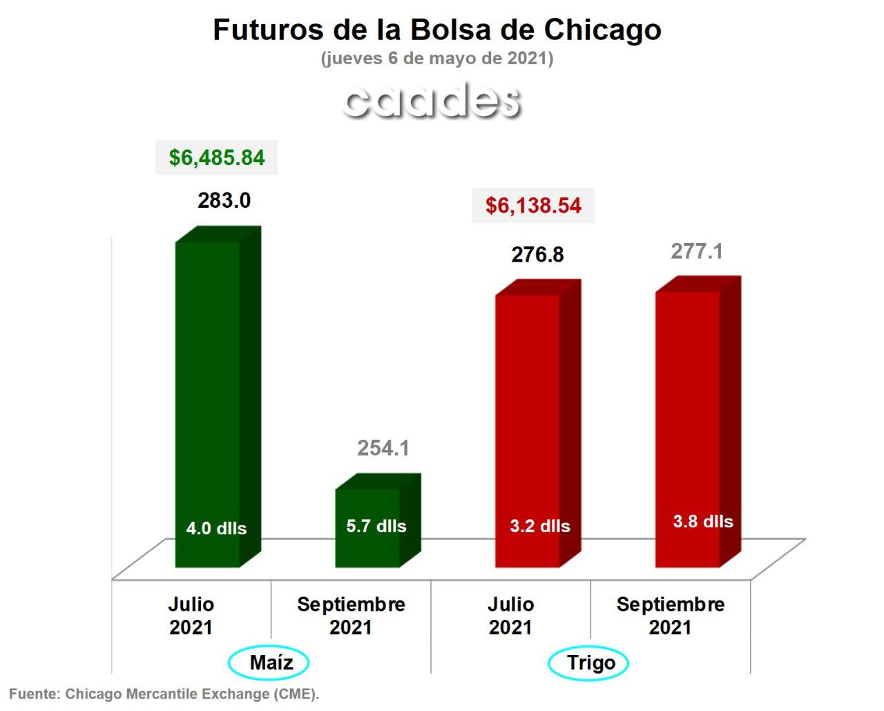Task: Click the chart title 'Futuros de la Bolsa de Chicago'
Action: click(x=436, y=30)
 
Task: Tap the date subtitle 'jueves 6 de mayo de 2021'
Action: click(x=436, y=59)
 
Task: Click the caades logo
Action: click(x=432, y=100)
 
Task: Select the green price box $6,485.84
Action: click(x=217, y=157)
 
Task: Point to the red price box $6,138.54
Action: click(x=533, y=205)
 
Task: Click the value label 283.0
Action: click(x=224, y=201)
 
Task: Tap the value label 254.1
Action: click(x=383, y=449)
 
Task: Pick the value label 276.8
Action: click(x=537, y=255)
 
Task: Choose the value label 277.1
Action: click(x=697, y=251)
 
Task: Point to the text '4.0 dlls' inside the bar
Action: click(x=216, y=529)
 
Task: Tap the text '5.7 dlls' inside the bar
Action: click(x=376, y=526)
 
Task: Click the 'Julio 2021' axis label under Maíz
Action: click(x=191, y=616)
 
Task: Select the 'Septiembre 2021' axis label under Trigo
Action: click(x=671, y=616)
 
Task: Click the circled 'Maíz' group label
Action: click(x=269, y=663)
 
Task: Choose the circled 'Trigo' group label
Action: click(x=589, y=663)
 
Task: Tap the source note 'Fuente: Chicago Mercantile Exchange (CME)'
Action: click(x=164, y=694)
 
